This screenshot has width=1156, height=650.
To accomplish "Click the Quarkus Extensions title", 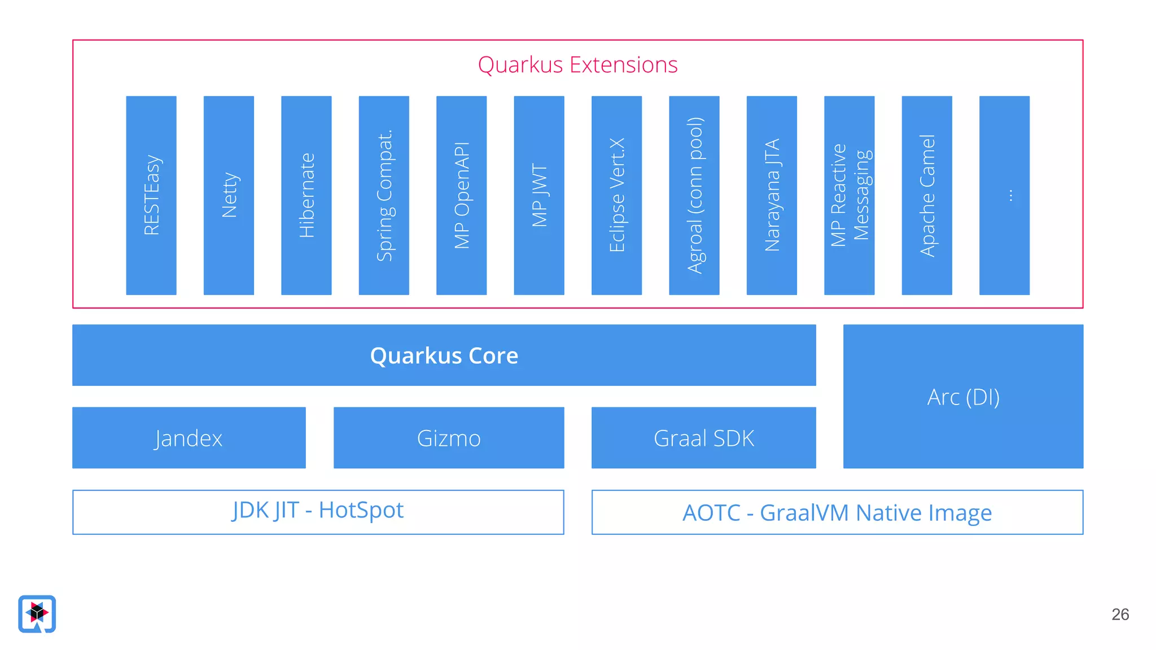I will tap(577, 65).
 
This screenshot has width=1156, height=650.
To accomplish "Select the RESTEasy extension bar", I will tap(151, 195).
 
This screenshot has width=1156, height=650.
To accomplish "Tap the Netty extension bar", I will tap(229, 195).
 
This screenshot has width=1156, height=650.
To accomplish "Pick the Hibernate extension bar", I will tap(306, 195).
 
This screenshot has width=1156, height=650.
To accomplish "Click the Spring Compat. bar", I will tap(384, 195).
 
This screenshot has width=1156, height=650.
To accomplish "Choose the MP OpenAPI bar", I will tap(462, 195).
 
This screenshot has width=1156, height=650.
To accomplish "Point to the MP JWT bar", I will tap(539, 195).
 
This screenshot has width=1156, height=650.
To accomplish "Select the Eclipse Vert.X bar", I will tap(616, 195).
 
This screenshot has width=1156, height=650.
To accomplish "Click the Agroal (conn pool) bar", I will tap(694, 195).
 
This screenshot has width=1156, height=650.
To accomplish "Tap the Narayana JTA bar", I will tap(772, 195).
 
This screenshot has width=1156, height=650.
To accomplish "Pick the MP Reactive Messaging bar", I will tap(850, 195).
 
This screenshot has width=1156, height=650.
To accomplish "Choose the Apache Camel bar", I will tap(927, 195).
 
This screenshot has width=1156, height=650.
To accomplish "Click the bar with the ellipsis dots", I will tap(1004, 195).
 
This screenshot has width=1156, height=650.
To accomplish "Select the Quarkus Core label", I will tap(444, 355).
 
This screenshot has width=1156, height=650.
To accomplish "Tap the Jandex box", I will tap(189, 438).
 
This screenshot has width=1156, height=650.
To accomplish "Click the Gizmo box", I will tap(449, 438).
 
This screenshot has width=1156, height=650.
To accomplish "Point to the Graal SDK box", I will tap(704, 438).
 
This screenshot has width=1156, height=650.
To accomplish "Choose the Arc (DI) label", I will tap(963, 397).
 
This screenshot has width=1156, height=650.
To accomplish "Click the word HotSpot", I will tap(361, 510).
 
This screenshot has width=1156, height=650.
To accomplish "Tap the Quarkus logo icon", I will tap(37, 613).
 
